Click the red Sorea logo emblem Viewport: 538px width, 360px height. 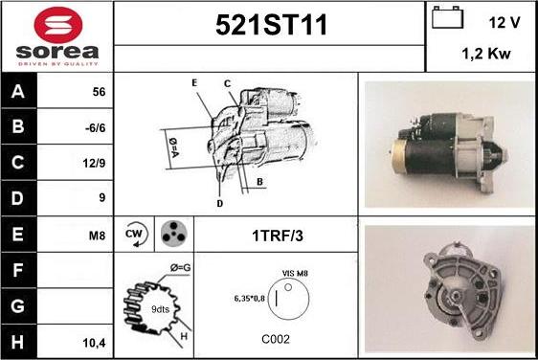tap(58, 25)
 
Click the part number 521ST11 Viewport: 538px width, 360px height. tap(271, 25)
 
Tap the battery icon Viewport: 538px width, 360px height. tap(447, 17)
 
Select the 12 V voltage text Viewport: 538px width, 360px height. tap(504, 23)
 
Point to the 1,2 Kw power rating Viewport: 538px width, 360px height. tap(486, 54)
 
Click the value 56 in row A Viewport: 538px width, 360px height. tap(99, 92)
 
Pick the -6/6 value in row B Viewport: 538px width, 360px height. tap(96, 128)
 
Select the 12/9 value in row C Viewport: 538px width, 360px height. tap(94, 163)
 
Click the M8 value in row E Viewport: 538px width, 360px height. tap(97, 236)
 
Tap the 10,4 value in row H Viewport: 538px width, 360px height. tap(94, 343)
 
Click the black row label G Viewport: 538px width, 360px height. tap(18, 306)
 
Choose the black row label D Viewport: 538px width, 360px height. tap(18, 198)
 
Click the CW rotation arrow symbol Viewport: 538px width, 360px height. tap(136, 235)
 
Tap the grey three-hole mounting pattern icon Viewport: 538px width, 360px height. tap(174, 234)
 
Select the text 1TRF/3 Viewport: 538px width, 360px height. tap(278, 236)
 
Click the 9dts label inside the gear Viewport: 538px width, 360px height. tap(160, 309)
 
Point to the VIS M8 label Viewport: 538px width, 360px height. tap(295, 274)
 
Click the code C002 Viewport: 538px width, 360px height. tap(276, 339)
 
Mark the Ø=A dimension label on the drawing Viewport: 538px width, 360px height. tap(173, 147)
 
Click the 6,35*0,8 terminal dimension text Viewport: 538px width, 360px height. tap(250, 299)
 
